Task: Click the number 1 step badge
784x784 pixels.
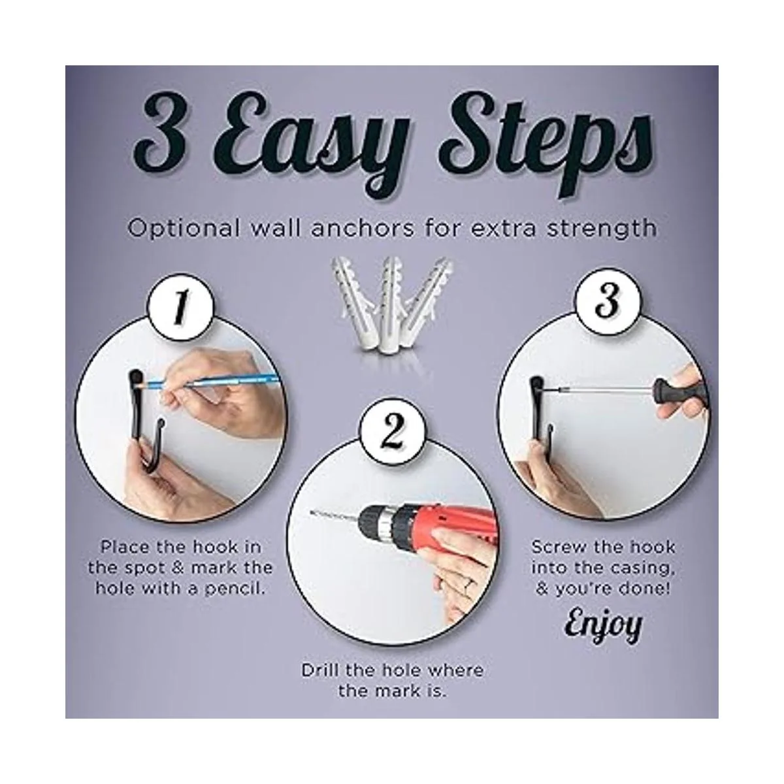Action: [180, 307]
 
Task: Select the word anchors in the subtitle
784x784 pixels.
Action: [362, 228]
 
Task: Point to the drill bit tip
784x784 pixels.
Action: [311, 513]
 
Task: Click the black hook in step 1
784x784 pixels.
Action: [146, 423]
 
